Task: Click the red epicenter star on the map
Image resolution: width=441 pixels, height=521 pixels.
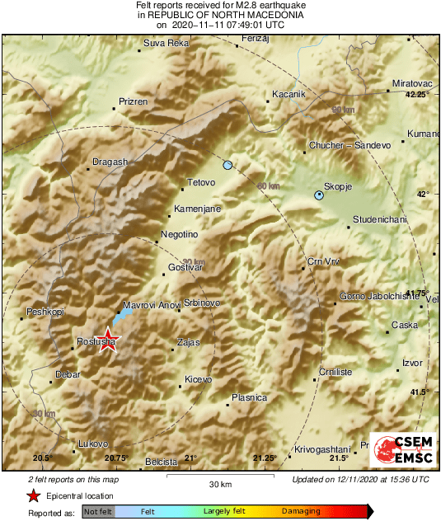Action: [106, 340]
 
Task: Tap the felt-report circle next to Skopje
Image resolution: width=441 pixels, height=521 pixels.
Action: [319, 195]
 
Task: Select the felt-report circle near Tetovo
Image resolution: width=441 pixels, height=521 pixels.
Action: [228, 166]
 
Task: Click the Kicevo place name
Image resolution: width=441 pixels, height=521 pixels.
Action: [198, 379]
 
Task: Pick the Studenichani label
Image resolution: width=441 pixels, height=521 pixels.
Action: [380, 219]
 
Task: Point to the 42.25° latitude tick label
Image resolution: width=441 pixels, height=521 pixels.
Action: [417, 95]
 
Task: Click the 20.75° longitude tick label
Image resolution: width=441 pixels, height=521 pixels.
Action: [115, 458]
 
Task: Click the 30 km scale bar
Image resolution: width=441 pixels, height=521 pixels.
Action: [218, 475]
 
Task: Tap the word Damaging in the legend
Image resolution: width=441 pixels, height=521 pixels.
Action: [301, 512]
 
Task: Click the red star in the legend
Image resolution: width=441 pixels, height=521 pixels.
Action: [33, 496]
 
